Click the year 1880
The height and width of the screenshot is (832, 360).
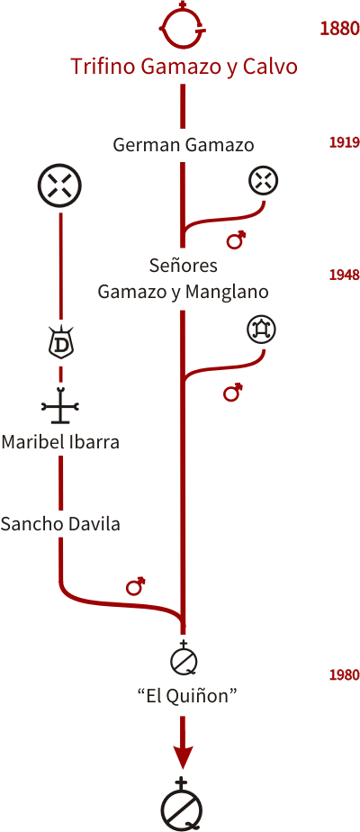click(339, 28)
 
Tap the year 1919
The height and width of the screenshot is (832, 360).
click(345, 142)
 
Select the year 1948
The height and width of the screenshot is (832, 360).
click(345, 275)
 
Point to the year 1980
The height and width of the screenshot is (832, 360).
click(345, 675)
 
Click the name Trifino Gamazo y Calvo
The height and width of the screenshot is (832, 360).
click(184, 68)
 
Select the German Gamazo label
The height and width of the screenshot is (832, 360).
click(184, 145)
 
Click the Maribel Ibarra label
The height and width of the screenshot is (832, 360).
click(60, 441)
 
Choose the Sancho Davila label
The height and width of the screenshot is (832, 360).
click(60, 524)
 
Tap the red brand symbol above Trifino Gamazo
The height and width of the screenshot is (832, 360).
click(184, 25)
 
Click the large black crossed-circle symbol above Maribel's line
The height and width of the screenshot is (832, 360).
click(60, 185)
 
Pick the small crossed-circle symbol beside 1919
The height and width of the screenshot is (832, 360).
click(264, 181)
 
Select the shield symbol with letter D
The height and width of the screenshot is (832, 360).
click(61, 343)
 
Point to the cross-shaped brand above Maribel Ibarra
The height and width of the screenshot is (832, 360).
click(60, 405)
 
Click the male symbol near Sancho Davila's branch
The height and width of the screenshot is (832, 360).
click(136, 585)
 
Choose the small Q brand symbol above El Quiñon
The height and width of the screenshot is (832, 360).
click(184, 658)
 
